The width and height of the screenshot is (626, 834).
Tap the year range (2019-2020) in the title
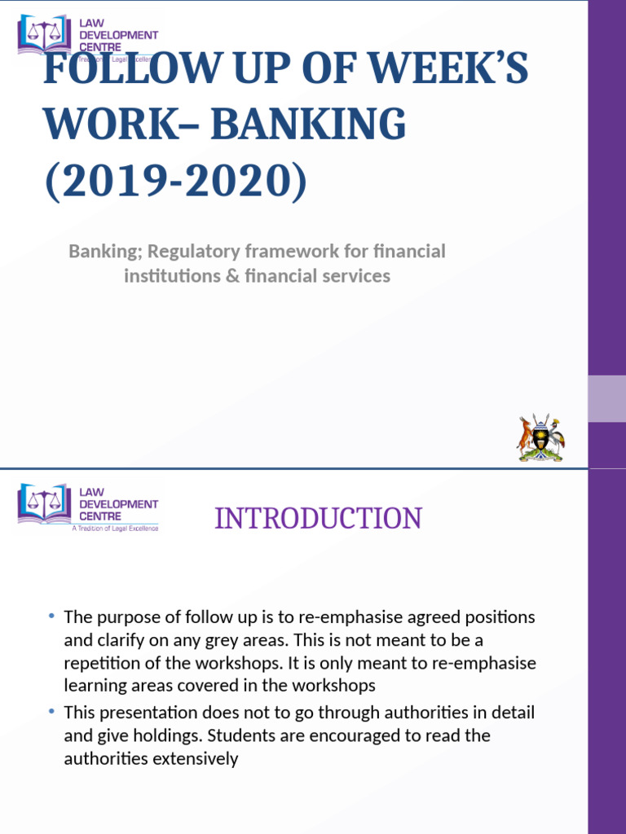[x=175, y=178]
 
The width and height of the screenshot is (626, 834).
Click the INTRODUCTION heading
[x=318, y=519]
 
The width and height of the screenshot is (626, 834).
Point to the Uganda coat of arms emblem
[x=540, y=438]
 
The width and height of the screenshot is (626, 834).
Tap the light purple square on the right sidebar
[x=606, y=398]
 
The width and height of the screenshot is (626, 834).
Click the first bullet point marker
[x=51, y=616]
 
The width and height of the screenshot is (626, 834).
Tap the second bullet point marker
[x=51, y=712]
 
